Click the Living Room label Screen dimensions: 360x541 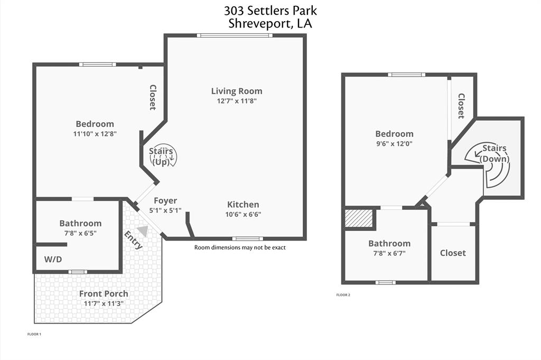tap(237, 91)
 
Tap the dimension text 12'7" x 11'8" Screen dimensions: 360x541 tap(237, 100)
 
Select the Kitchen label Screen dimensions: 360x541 tap(243, 205)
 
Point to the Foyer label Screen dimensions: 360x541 tap(165, 201)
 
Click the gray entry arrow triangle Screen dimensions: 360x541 tap(143, 230)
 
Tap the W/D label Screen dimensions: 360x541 tap(53, 260)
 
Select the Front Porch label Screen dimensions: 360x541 tap(104, 294)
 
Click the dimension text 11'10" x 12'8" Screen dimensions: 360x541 tap(95, 134)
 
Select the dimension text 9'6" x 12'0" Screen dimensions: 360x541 tap(394, 143)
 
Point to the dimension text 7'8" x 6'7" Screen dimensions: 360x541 tap(389, 253)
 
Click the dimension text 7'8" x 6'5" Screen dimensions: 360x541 tap(80, 233)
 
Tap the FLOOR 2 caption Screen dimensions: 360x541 tap(343, 295)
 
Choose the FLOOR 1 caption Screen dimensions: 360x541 tap(34, 334)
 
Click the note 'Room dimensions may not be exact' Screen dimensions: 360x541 tap(240, 247)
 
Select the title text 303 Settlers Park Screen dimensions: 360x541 tap(270, 11)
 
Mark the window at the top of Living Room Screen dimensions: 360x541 tap(235, 35)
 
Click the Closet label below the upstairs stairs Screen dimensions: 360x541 tap(453, 253)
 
